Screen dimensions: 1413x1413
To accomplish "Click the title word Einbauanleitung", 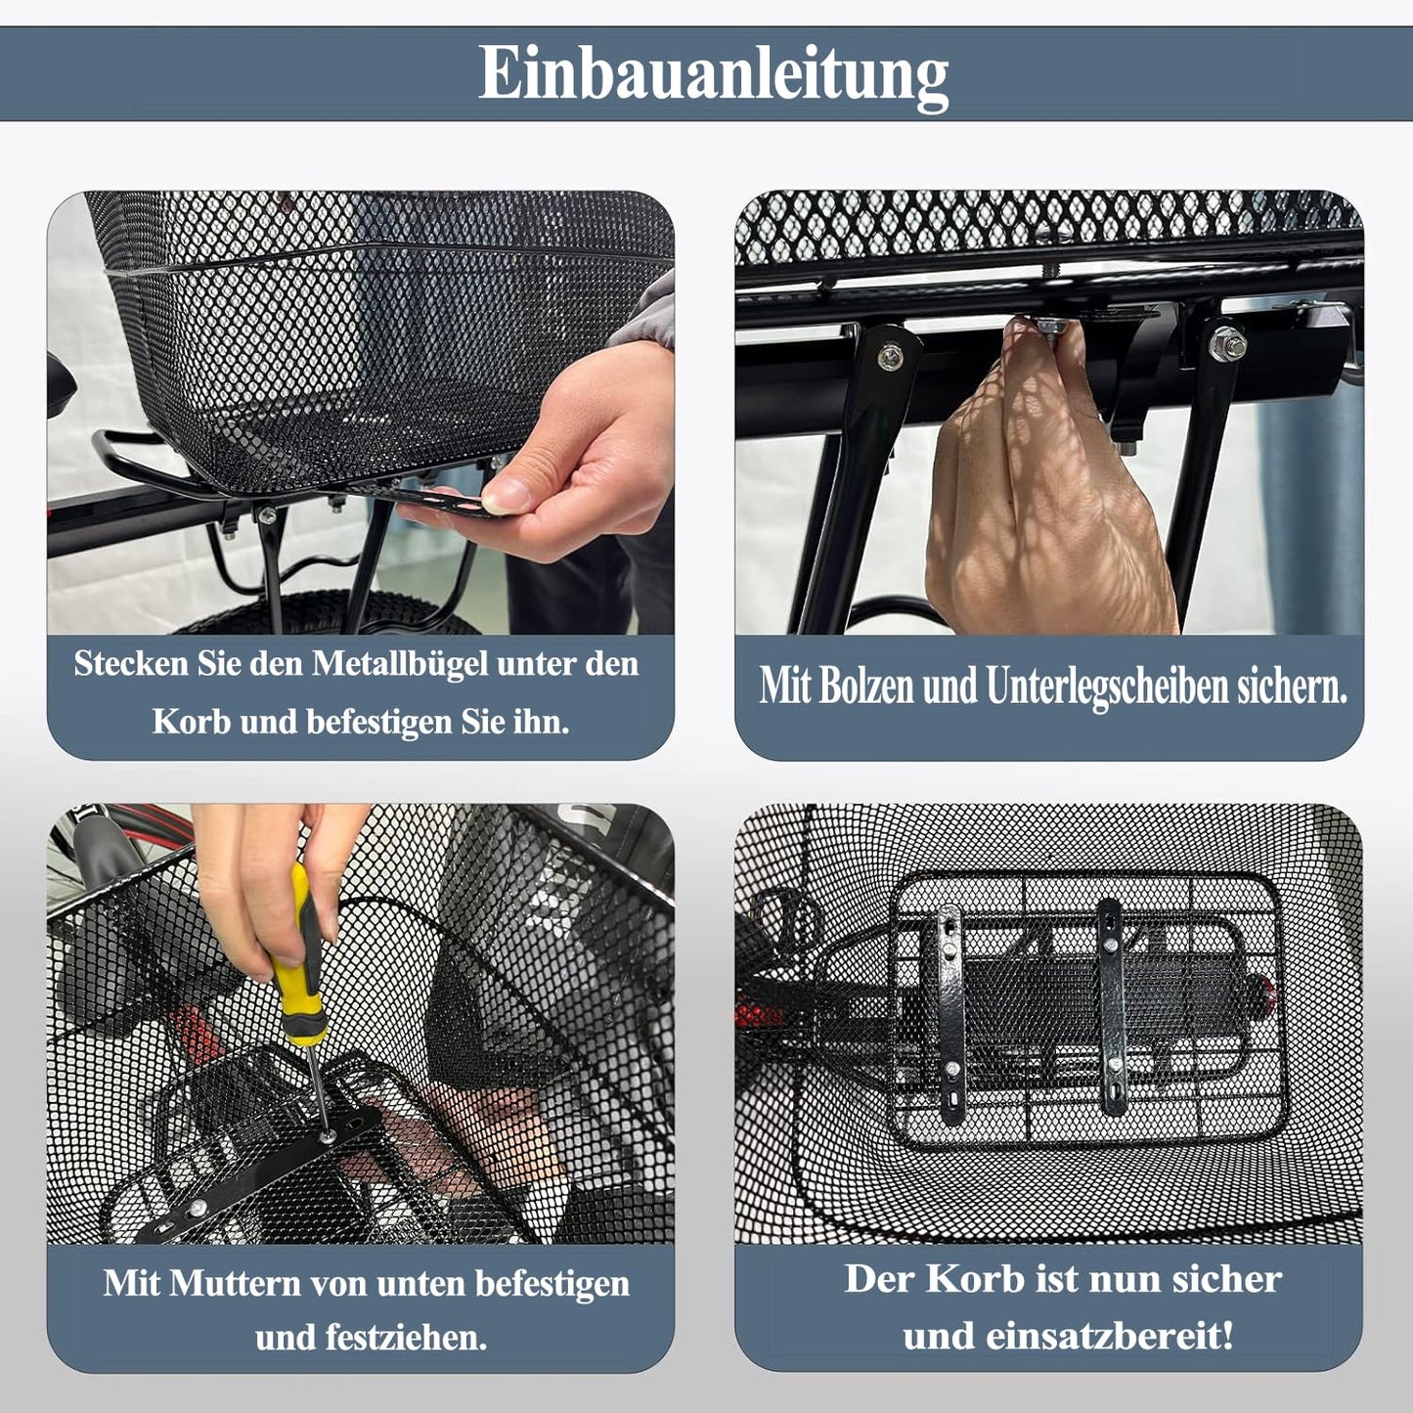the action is [714, 74].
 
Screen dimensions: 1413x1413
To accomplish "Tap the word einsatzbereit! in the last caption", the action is [1110, 1336].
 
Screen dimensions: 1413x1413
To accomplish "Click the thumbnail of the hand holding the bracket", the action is [361, 413].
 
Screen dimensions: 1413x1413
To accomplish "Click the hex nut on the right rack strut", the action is [1228, 342].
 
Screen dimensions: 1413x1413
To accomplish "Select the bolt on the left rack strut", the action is [891, 357].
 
